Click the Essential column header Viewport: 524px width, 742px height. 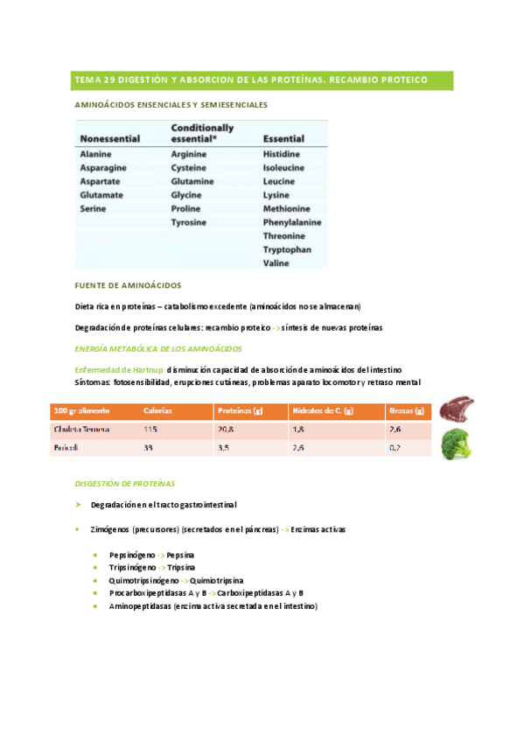point(283,139)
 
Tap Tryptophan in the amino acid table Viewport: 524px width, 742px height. point(288,249)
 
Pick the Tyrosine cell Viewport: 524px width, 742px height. point(189,222)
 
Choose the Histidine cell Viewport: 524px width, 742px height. point(282,153)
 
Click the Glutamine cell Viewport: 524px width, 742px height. point(192,181)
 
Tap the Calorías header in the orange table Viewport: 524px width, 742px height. point(157,410)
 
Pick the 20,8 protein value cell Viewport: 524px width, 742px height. point(226,430)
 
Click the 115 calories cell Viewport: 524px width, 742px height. point(151,430)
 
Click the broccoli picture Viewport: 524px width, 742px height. point(456,444)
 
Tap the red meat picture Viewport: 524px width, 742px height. point(456,409)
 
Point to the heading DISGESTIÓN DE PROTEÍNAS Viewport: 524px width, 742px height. point(125,483)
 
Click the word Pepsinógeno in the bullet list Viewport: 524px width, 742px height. point(132,556)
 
